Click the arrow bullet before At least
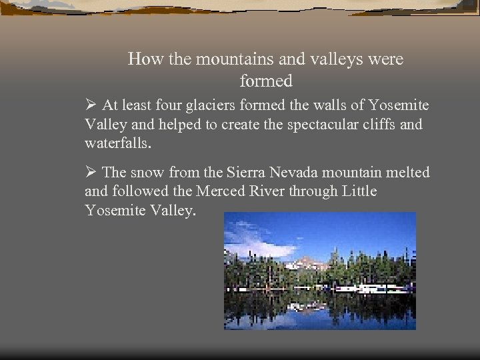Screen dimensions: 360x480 [91, 105]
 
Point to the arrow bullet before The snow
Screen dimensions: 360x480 [91, 173]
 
